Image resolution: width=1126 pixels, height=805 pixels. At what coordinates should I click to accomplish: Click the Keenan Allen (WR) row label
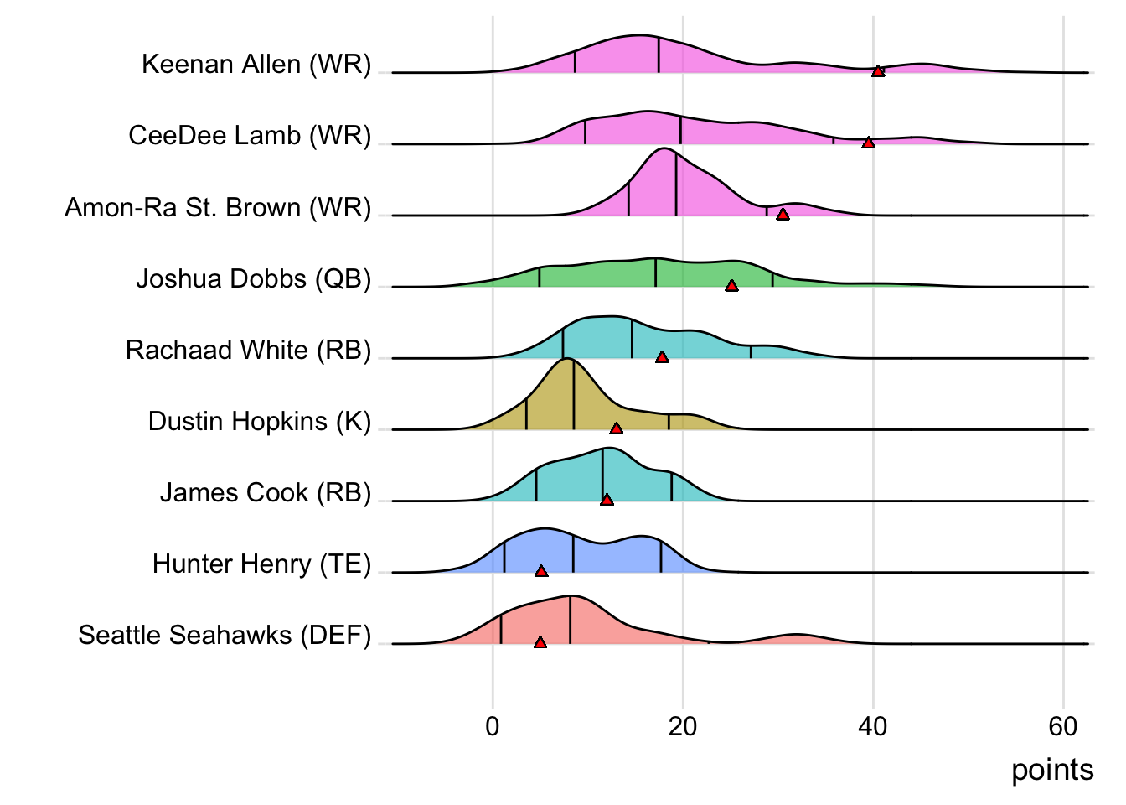(256, 65)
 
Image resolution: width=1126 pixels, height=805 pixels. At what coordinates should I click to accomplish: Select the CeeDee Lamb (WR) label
(250, 136)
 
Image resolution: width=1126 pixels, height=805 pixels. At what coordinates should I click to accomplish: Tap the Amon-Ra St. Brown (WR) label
(218, 207)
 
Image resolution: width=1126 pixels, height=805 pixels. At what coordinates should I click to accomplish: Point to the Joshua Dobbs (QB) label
(254, 278)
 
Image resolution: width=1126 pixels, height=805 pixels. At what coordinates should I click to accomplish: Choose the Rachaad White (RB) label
(249, 350)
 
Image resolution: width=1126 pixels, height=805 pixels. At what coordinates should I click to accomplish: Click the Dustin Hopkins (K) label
(260, 421)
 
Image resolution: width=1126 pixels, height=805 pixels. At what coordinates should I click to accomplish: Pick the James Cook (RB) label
(266, 492)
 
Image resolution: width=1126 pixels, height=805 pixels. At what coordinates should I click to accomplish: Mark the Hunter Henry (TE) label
(261, 563)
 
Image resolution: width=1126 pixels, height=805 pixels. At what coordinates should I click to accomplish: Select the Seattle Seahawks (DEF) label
(225, 635)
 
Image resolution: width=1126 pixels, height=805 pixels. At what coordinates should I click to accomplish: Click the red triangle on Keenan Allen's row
(878, 71)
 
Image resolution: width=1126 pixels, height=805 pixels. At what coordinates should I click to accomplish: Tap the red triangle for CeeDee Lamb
(868, 143)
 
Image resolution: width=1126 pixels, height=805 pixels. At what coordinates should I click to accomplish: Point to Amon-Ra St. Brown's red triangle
(783, 214)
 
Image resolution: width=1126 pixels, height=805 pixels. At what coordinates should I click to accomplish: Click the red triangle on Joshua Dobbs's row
(731, 286)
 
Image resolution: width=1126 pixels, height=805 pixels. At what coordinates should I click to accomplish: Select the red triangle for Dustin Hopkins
(616, 428)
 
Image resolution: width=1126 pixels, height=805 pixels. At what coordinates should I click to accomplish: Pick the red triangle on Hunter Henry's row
(541, 571)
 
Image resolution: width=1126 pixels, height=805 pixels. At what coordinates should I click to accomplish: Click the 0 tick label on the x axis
(493, 726)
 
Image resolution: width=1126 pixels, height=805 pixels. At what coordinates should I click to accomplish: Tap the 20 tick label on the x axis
(683, 726)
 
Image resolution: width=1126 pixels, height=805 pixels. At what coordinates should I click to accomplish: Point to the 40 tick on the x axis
(873, 726)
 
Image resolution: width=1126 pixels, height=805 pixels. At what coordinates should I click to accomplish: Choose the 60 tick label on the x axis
(1063, 726)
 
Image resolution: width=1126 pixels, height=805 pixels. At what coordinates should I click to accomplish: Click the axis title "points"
(1052, 770)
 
